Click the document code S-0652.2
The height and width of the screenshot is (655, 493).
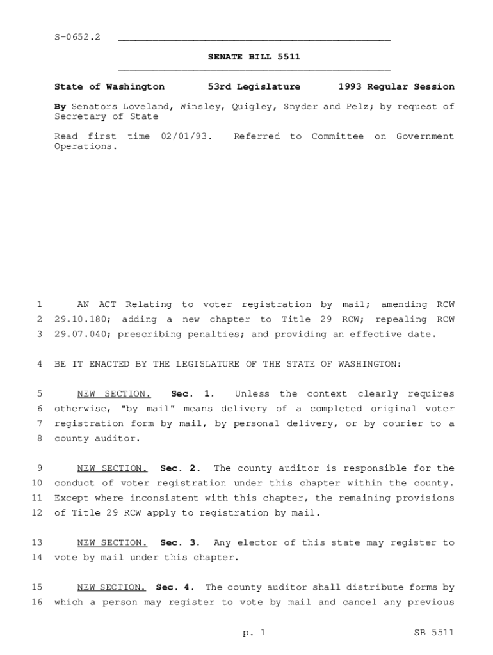(77, 38)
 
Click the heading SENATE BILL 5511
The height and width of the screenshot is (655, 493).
(254, 58)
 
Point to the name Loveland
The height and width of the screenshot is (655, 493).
(147, 107)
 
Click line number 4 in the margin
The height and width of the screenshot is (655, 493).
(40, 365)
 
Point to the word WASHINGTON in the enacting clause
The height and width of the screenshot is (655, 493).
(371, 365)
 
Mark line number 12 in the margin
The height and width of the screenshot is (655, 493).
(36, 513)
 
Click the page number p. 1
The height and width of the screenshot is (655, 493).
(254, 633)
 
